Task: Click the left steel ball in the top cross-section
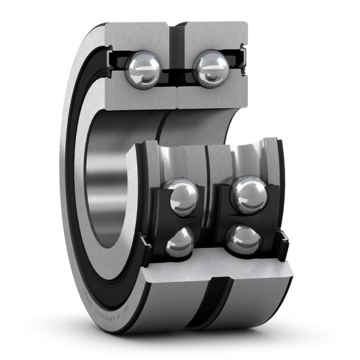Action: [x=143, y=69]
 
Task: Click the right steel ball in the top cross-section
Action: [x=211, y=69]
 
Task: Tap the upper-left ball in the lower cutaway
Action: [x=181, y=196]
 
